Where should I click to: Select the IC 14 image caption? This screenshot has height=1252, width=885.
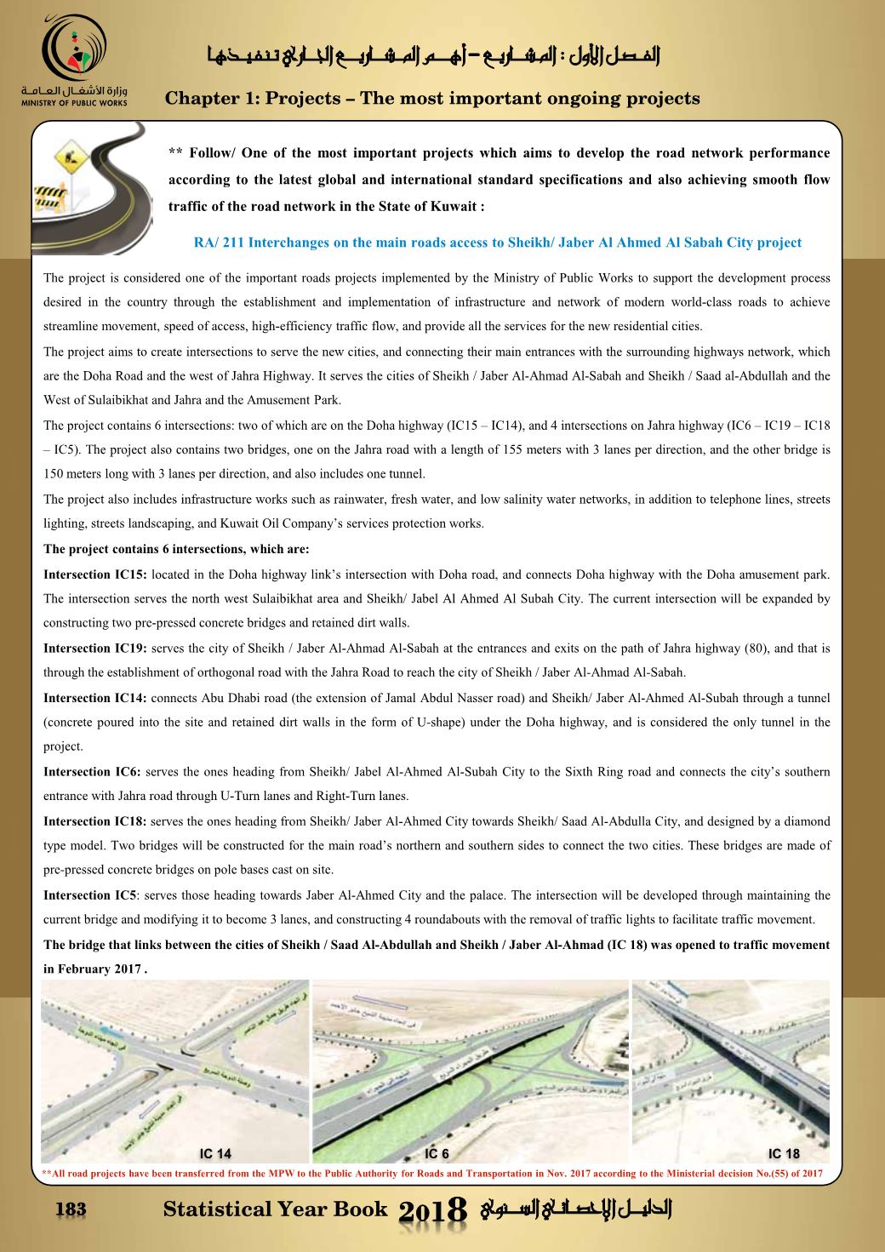214,1154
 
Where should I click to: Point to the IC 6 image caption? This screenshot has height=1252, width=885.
437,1154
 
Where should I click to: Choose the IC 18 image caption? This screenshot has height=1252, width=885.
784,1154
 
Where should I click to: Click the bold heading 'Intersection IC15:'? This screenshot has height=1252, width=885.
95,575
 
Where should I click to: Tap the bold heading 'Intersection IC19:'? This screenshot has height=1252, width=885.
95,649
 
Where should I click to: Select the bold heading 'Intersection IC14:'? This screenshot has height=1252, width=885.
95,698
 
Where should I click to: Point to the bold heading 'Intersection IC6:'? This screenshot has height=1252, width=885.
93,772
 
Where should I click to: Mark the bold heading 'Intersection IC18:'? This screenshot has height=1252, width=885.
95,821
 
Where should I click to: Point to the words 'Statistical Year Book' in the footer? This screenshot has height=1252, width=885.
275,1209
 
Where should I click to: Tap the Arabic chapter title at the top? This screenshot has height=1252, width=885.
435,58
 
